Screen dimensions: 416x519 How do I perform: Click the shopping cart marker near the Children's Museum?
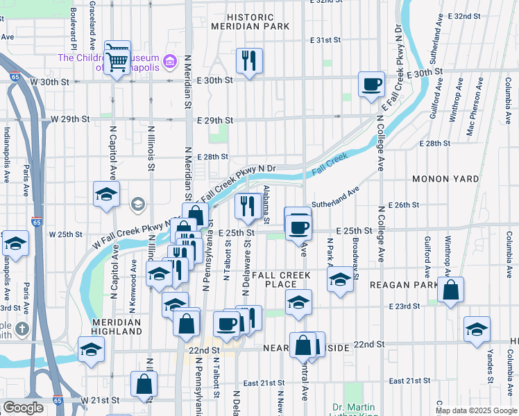117,58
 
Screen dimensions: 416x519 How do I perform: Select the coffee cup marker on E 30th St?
371,85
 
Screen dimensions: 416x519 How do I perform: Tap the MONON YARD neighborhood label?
445,179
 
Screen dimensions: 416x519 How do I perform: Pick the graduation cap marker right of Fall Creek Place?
339,281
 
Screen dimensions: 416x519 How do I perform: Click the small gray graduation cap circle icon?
138,204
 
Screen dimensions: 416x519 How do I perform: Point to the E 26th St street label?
405,205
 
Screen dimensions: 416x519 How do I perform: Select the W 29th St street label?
71,119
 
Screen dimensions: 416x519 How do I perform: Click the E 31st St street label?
325,41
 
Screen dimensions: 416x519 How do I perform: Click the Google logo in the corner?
23,408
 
